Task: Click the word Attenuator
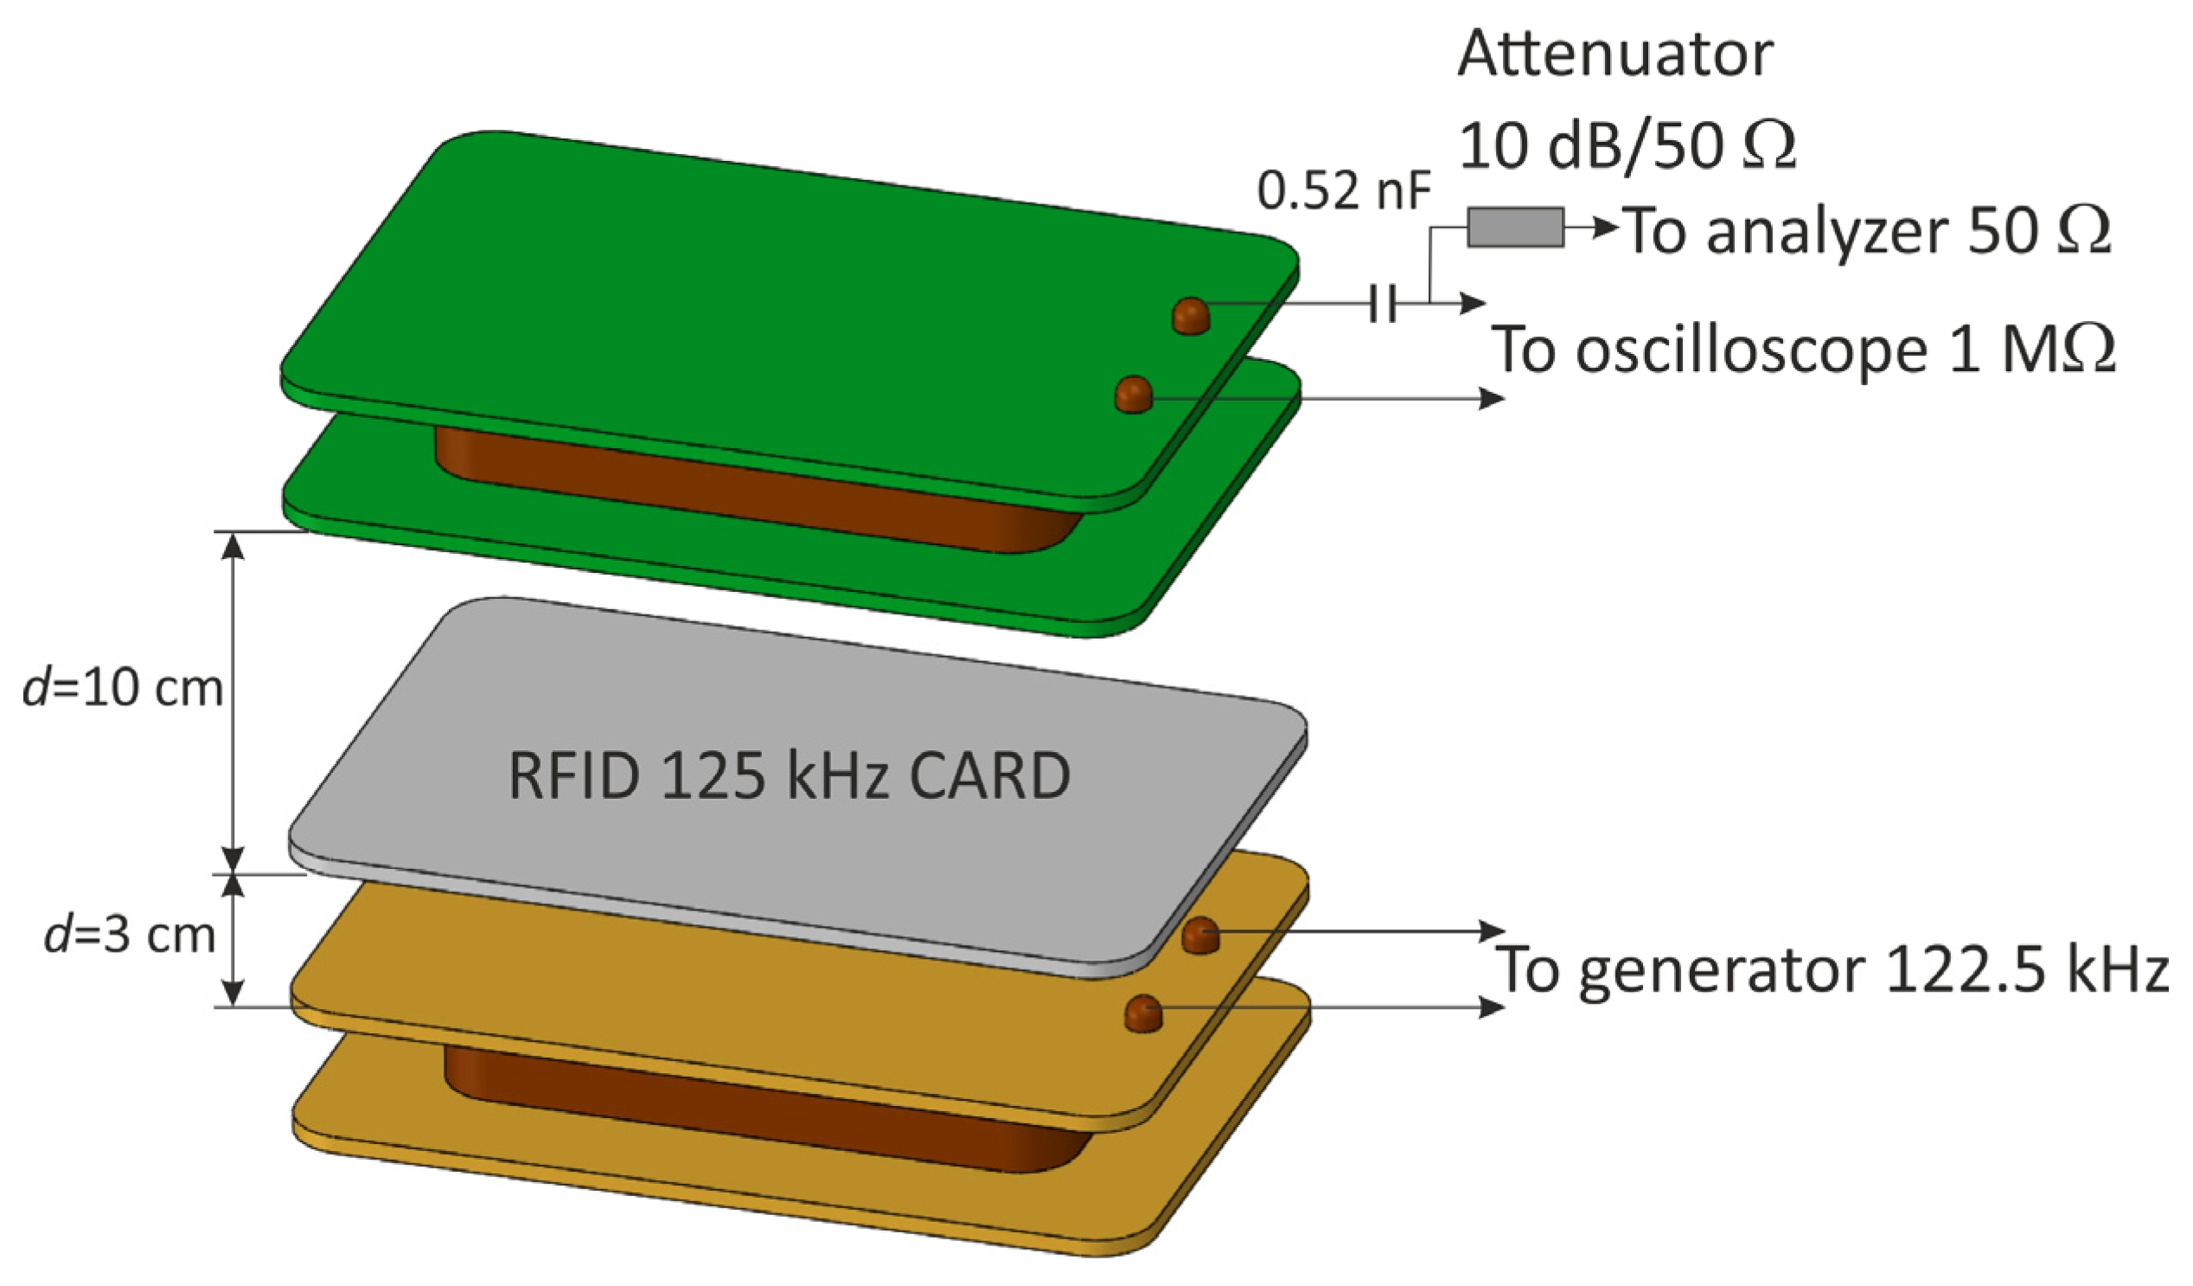[1615, 54]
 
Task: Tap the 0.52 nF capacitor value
[1343, 191]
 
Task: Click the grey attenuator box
[1515, 228]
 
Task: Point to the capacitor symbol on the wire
[1382, 304]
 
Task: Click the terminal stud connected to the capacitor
[1191, 315]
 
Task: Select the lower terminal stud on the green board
[1133, 395]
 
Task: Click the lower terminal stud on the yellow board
[1143, 1013]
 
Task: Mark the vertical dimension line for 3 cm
[233, 941]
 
